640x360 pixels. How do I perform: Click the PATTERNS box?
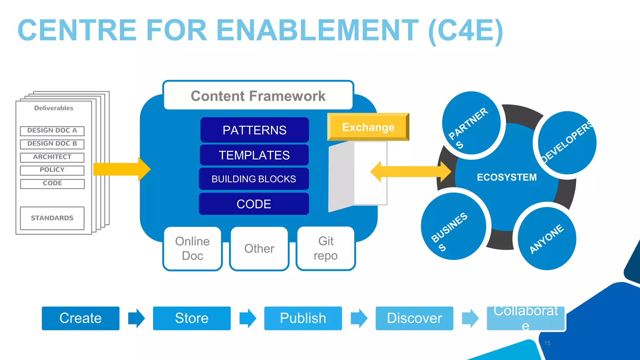tap(254, 130)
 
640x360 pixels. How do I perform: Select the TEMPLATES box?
tap(254, 155)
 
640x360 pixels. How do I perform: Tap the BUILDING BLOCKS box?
tap(254, 179)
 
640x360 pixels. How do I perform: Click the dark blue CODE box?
tap(254, 204)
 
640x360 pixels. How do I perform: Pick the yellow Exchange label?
tap(368, 127)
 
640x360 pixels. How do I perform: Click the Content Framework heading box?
tap(258, 96)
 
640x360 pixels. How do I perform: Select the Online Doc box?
tap(192, 248)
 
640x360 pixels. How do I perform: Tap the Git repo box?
tap(326, 248)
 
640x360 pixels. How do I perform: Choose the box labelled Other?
tap(259, 249)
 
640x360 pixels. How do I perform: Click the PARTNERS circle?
tap(471, 123)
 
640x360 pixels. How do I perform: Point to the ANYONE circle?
tap(547, 239)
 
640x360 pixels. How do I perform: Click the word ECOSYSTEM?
tap(507, 177)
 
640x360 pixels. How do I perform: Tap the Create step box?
tap(81, 318)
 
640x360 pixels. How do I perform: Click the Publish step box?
tap(303, 318)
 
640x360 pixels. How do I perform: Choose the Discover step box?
tap(414, 318)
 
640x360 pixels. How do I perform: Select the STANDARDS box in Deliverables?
tap(52, 218)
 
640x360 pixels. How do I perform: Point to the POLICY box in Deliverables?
tap(52, 170)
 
